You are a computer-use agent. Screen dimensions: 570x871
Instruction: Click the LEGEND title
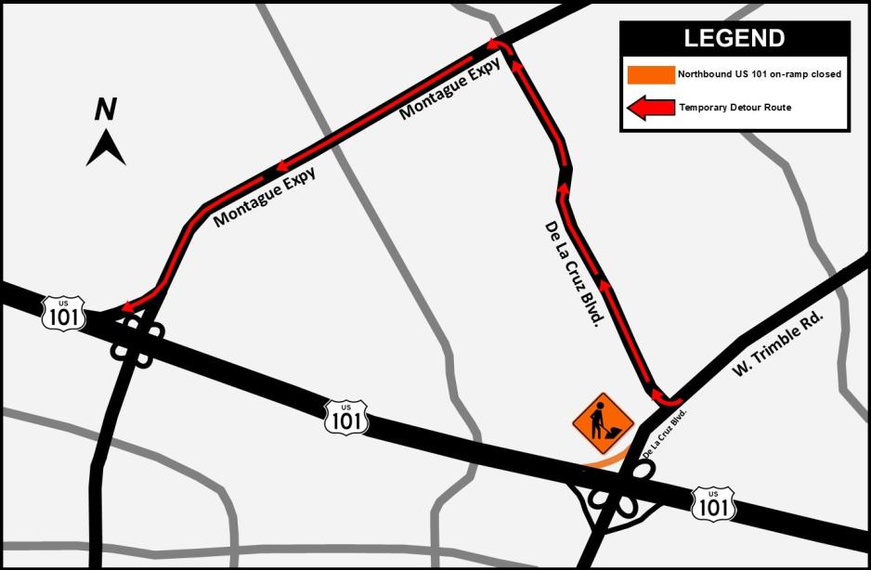[734, 39]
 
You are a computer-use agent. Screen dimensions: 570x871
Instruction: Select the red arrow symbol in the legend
[650, 108]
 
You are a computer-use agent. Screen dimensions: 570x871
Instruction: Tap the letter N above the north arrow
[106, 110]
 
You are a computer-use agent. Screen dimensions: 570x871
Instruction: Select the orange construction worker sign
[603, 423]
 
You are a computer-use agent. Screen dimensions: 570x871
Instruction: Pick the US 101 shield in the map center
[347, 418]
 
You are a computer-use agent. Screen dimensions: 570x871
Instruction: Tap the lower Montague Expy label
[264, 197]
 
